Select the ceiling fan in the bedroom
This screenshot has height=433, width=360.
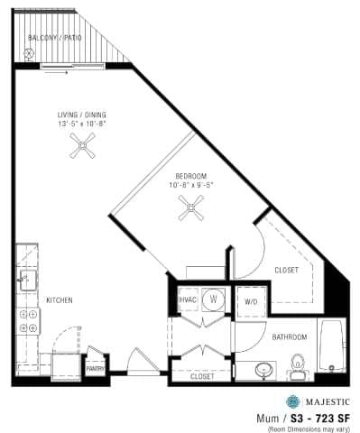pyautogui.click(x=190, y=211)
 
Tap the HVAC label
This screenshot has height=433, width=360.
pyautogui.click(x=189, y=299)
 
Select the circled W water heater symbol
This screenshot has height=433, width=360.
pyautogui.click(x=214, y=299)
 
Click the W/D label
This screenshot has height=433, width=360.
pyautogui.click(x=250, y=301)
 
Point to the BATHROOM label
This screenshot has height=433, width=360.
pyautogui.click(x=290, y=337)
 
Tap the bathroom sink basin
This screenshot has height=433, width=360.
pyautogui.click(x=263, y=370)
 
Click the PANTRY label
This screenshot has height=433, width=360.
pyautogui.click(x=96, y=368)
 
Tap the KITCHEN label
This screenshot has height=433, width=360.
pyautogui.click(x=60, y=299)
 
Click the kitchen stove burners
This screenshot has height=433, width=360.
pyautogui.click(x=28, y=322)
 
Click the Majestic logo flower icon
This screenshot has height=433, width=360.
pyautogui.click(x=292, y=401)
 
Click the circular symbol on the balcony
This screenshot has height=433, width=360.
pyautogui.click(x=29, y=54)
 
